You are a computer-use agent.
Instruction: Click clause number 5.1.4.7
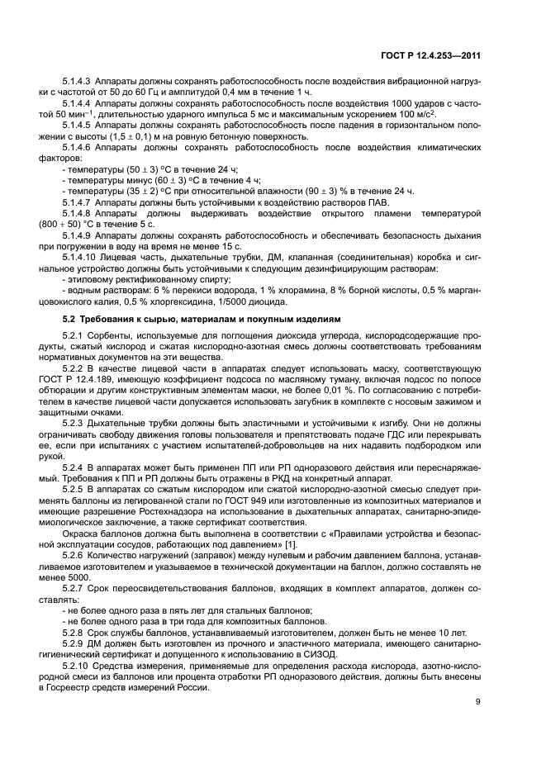pos(77,202)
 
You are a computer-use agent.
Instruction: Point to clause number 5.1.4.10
pos(80,258)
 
